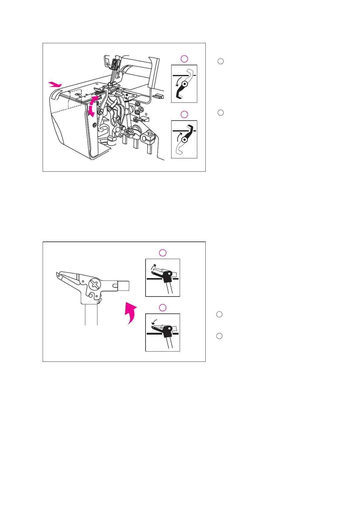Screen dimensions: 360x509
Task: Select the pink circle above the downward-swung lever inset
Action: click(184, 59)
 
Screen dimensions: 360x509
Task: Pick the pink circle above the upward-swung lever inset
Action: click(184, 114)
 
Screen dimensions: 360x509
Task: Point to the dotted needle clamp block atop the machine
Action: click(115, 64)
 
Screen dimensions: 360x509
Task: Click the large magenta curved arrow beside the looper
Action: click(131, 313)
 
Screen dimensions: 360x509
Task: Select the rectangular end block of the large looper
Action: click(123, 285)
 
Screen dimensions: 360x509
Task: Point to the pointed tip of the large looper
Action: click(57, 275)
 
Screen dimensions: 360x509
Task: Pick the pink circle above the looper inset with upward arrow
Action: click(163, 253)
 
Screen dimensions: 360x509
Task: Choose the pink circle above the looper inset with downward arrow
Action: click(163, 308)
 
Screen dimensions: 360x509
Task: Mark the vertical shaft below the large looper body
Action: click(91, 314)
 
